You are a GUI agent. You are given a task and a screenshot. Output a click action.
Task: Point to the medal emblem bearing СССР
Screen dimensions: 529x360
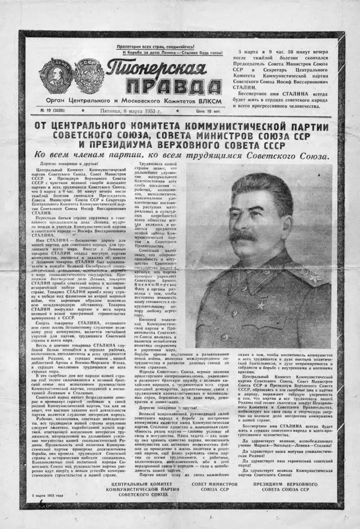[88, 76]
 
